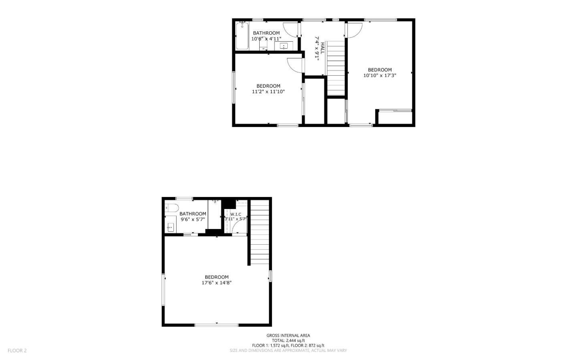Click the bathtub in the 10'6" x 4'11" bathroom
pyautogui.click(x=242, y=36)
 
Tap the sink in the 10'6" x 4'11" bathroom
pyautogui.click(x=284, y=46)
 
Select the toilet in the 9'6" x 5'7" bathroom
pyautogui.click(x=172, y=208)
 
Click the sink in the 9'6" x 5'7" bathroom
pyautogui.click(x=171, y=227)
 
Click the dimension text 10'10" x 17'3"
pyautogui.click(x=379, y=75)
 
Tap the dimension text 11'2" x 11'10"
pyautogui.click(x=268, y=91)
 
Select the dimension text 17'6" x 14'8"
pyautogui.click(x=216, y=283)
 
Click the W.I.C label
pyautogui.click(x=236, y=214)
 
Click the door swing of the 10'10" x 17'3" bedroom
pyautogui.click(x=355, y=30)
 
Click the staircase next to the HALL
pyautogui.click(x=336, y=68)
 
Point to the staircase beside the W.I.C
pyautogui.click(x=260, y=232)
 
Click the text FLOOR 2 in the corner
pyautogui.click(x=17, y=350)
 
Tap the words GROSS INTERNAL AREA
pyautogui.click(x=288, y=336)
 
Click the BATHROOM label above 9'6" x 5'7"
pyautogui.click(x=193, y=214)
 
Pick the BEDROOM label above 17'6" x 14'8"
pyautogui.click(x=216, y=277)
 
